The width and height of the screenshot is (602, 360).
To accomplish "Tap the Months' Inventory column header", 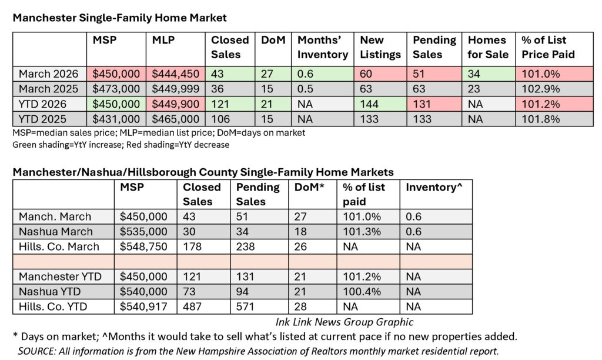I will (x=322, y=48).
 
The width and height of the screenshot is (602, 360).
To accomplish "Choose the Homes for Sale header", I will (x=487, y=48).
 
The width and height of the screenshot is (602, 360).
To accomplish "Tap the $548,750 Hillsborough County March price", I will (x=144, y=246).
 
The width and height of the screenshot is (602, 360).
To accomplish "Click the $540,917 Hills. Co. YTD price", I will (x=144, y=305).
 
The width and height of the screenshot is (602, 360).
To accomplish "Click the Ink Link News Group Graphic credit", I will (x=343, y=322).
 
